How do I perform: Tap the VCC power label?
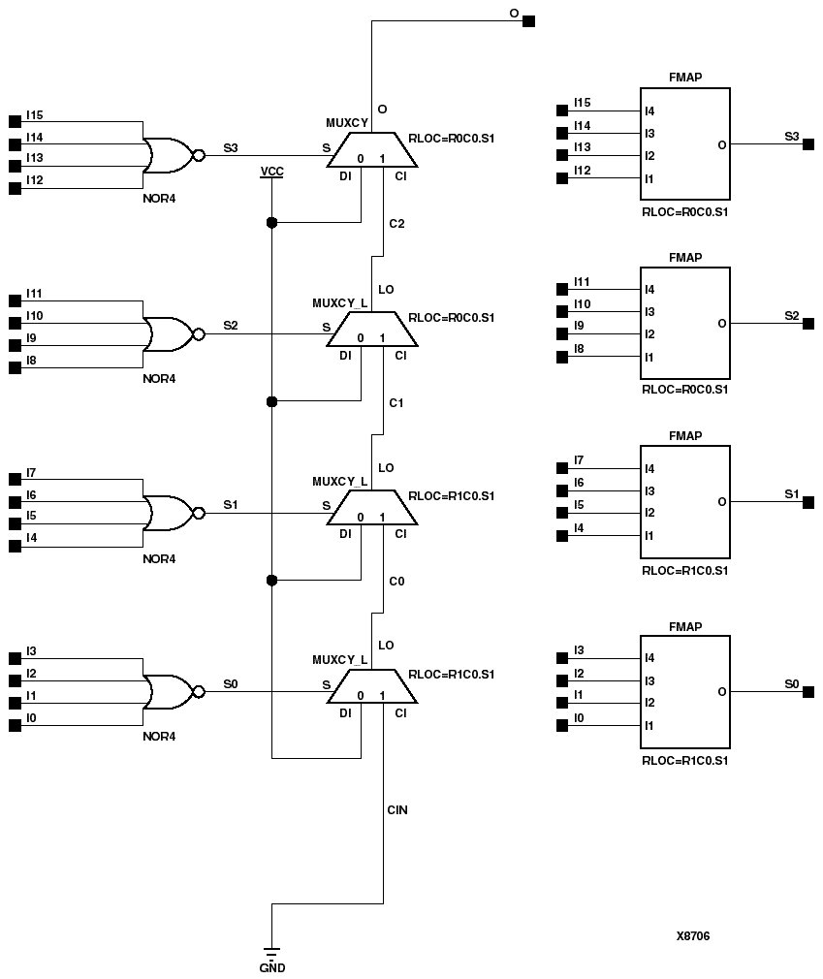coord(271,172)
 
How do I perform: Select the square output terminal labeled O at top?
coord(528,20)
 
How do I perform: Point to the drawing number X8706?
coord(693,936)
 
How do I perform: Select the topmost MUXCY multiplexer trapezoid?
coord(372,148)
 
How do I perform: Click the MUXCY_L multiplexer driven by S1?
coord(372,506)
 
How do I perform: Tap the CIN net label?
coord(397,809)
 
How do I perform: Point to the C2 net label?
coord(396,224)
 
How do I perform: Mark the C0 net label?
coord(396,582)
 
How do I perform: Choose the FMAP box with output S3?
coord(684,144)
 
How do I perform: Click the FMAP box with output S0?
coord(684,692)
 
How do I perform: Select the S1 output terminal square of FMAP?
coord(808,502)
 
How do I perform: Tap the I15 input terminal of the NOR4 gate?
coord(15,121)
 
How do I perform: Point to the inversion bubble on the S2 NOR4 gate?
coord(199,334)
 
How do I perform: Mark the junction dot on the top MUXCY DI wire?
coord(271,223)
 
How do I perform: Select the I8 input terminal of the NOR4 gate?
coord(15,368)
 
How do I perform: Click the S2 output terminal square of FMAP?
coord(808,324)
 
